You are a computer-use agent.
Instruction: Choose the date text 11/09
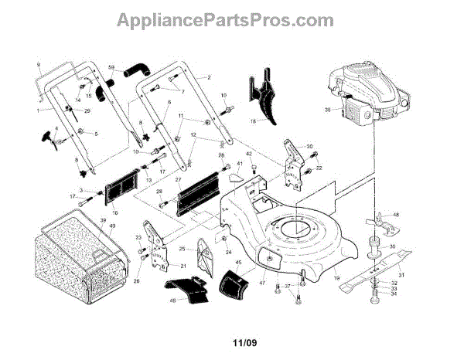tap(231, 338)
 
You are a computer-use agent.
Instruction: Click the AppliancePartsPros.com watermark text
tap(231, 20)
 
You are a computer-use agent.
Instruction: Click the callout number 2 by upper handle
tap(208, 78)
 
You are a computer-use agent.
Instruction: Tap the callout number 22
tap(319, 168)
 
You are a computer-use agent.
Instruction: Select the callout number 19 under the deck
tap(336, 277)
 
